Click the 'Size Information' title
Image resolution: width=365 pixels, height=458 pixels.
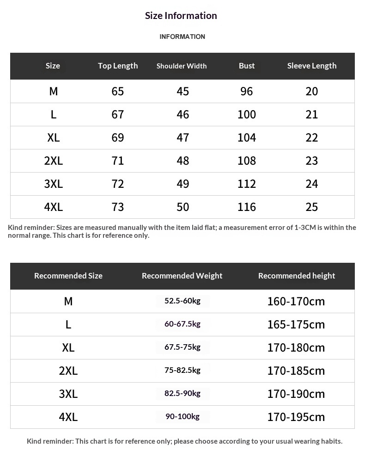181,16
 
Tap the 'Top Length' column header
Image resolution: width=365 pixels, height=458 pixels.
118,66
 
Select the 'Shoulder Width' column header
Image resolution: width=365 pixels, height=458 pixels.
182,66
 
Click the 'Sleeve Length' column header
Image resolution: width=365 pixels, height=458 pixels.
312,66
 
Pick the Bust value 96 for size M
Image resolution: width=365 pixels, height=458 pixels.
247,91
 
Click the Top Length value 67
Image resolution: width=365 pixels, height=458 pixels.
118,114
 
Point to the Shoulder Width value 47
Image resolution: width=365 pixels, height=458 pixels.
183,137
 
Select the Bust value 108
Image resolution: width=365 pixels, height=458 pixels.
247,161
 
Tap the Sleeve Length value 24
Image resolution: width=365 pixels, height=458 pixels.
312,184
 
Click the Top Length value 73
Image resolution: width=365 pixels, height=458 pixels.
118,207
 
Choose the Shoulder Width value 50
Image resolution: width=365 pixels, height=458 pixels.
183,207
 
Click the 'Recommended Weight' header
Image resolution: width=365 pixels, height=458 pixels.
182,276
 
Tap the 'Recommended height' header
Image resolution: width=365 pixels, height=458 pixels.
297,276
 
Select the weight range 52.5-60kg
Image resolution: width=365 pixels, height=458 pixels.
182,301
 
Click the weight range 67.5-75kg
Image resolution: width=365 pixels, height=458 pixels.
182,347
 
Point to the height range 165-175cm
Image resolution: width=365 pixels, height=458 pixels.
296,324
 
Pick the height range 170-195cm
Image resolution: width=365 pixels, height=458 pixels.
296,417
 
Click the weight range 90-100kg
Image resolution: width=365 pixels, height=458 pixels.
182,417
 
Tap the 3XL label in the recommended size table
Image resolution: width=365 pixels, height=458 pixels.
68,394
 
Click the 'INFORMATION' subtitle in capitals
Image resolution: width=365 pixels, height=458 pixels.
182,37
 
